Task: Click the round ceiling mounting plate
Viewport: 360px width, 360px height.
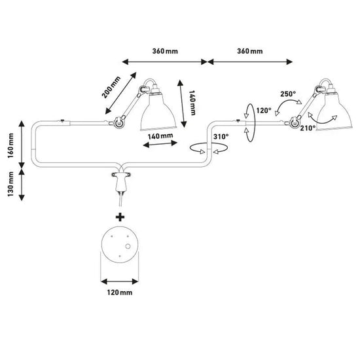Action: pyautogui.click(x=120, y=246)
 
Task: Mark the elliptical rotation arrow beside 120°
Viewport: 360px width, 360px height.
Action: pyautogui.click(x=247, y=122)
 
